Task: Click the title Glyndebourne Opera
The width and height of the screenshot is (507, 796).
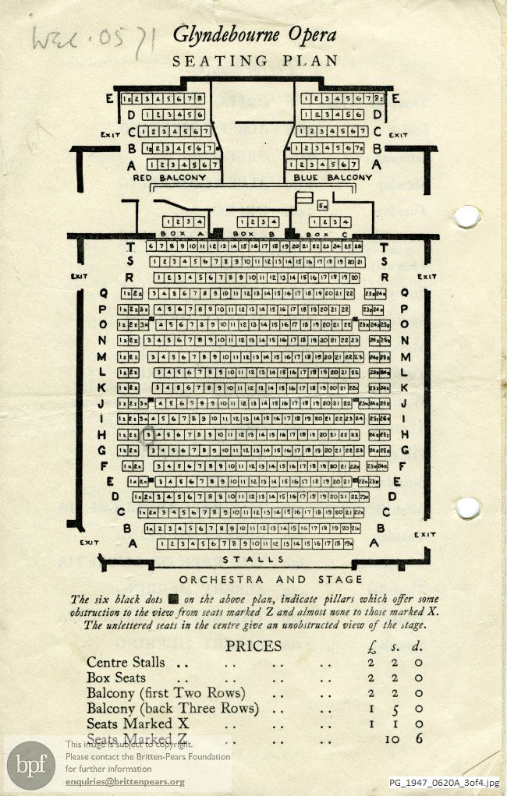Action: [254, 36]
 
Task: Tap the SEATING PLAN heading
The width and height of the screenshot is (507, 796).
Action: [255, 61]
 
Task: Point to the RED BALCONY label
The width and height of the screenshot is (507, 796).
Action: [169, 178]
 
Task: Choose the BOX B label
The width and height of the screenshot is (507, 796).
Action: [250, 233]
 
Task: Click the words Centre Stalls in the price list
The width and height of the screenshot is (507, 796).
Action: [126, 662]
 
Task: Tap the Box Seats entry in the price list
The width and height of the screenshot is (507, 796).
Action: [116, 677]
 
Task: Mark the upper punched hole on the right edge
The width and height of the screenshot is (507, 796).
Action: [466, 217]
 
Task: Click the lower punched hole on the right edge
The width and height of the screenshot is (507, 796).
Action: [468, 508]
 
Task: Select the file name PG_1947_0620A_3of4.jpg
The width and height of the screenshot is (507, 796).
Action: [445, 783]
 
